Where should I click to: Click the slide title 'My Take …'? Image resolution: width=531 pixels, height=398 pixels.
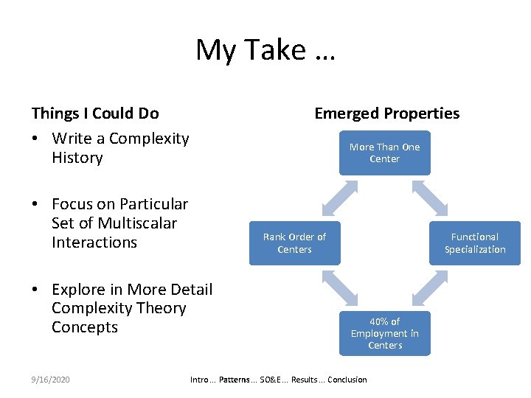click(x=265, y=50)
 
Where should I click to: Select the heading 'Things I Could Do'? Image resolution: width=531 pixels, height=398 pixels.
click(x=95, y=113)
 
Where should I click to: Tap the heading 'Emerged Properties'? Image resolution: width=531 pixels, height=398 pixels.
click(x=386, y=113)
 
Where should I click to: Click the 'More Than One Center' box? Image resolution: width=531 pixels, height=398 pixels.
click(x=384, y=153)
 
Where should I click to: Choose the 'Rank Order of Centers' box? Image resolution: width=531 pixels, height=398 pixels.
click(x=294, y=242)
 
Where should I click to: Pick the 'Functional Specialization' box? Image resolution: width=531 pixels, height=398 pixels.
click(x=474, y=242)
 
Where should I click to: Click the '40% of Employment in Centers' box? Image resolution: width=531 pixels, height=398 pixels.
click(x=384, y=333)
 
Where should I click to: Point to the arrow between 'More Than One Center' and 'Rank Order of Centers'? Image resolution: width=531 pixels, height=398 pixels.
click(x=339, y=198)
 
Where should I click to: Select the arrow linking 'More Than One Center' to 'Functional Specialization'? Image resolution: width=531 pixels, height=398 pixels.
click(x=430, y=198)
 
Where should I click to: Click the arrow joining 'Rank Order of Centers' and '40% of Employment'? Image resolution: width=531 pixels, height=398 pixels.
click(x=339, y=288)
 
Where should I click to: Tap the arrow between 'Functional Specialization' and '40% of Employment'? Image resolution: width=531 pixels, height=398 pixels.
click(x=430, y=288)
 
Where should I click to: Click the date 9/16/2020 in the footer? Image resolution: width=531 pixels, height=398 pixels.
click(x=51, y=380)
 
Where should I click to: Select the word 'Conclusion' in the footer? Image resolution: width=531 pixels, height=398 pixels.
click(x=347, y=380)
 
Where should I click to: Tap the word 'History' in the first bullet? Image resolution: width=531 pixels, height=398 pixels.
click(x=77, y=158)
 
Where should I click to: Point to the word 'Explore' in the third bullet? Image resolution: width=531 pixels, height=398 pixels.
click(x=77, y=289)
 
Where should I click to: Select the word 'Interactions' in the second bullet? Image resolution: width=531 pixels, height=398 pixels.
click(x=94, y=242)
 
